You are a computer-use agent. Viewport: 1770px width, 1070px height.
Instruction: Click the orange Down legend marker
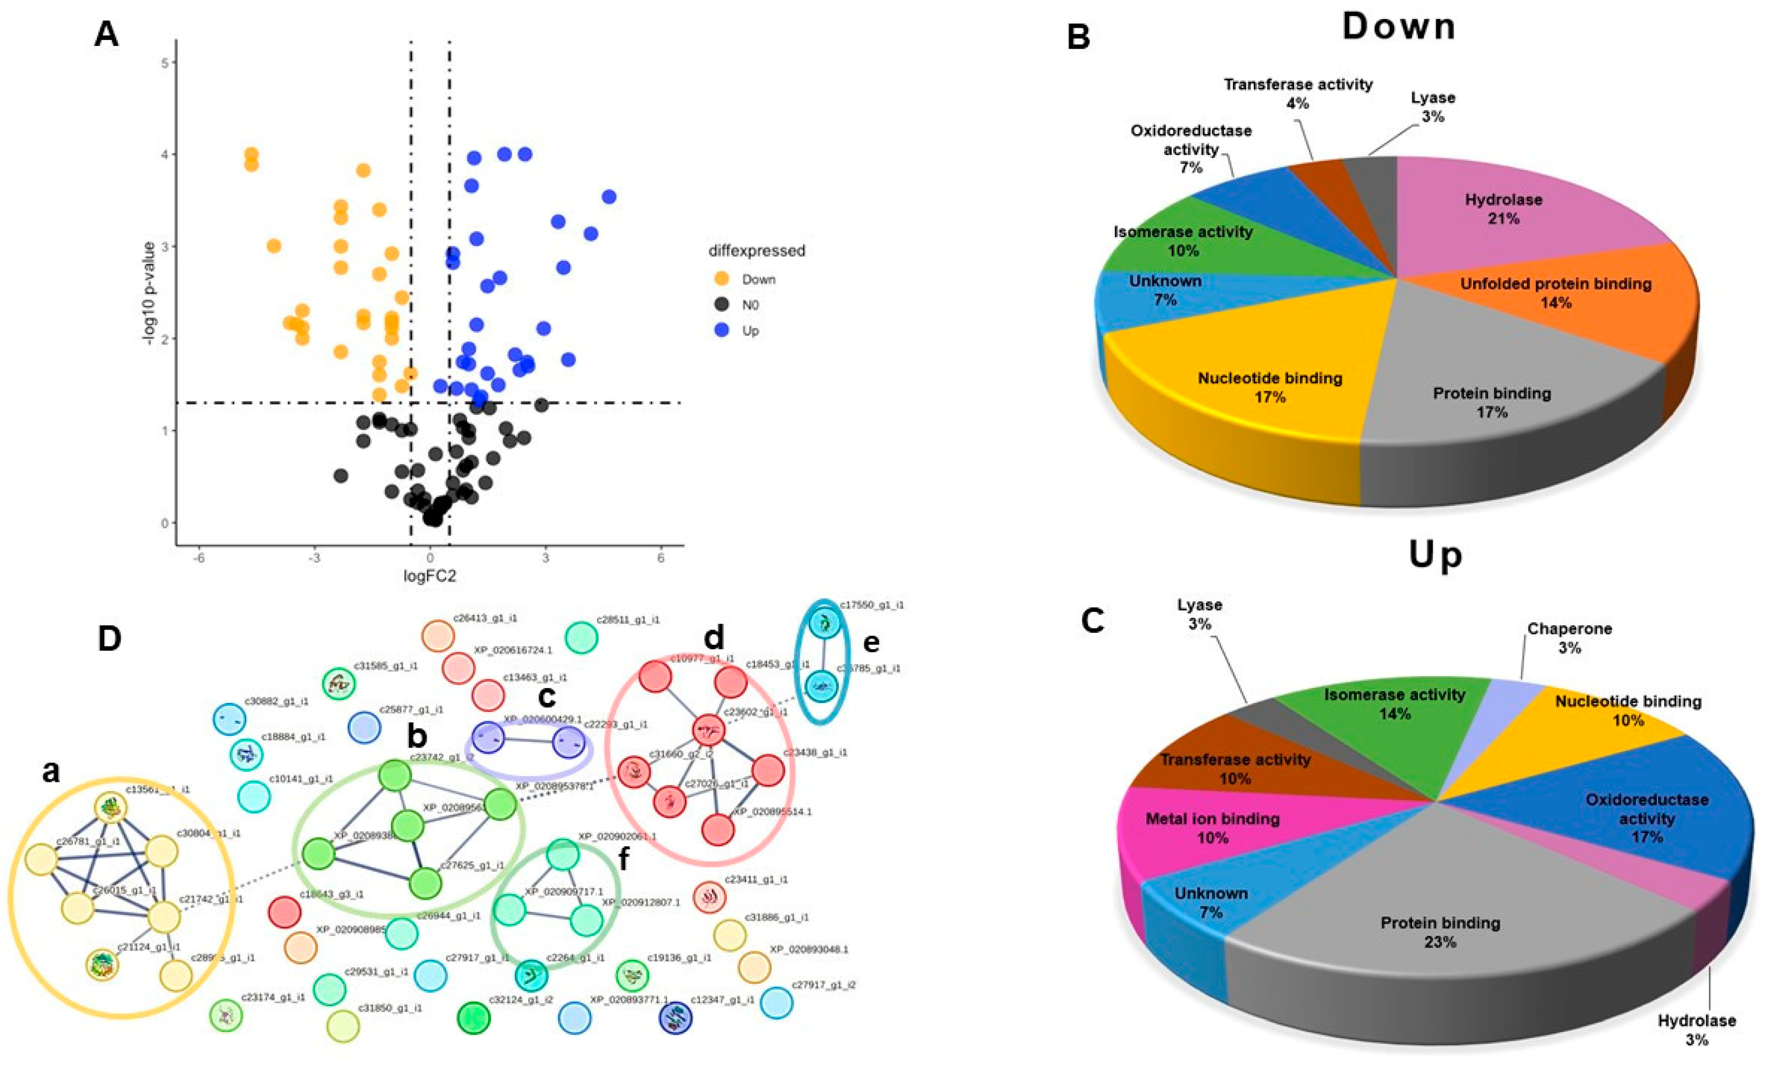coord(723,279)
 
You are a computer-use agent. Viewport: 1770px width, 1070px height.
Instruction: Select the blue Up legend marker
coord(723,330)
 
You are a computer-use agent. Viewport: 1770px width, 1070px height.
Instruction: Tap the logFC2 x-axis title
coord(430,576)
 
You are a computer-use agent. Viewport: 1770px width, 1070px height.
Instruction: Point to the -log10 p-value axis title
coord(149,293)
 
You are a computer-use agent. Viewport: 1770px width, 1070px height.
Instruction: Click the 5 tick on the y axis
coord(165,63)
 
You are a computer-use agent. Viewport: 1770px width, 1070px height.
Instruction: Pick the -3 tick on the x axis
coord(314,558)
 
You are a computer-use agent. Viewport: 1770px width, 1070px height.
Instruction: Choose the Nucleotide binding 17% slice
coord(1270,387)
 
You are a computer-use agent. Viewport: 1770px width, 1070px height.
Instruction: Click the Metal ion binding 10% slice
coord(1212,827)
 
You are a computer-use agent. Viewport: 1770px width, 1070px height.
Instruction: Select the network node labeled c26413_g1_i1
coord(437,636)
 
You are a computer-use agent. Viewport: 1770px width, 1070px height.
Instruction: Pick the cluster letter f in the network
coord(623,859)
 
